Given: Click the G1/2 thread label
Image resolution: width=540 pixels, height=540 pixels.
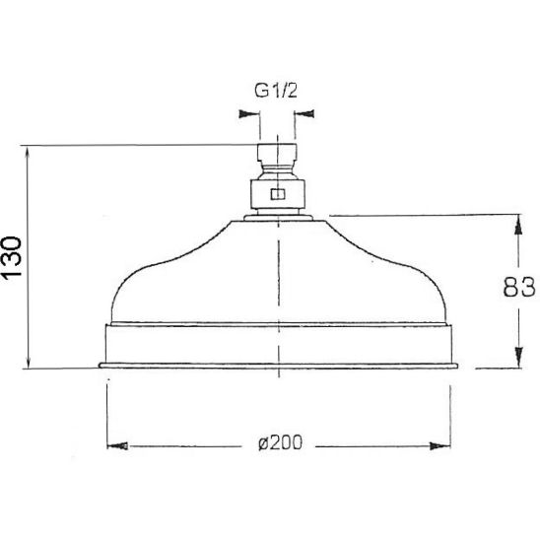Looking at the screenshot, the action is point(276,91).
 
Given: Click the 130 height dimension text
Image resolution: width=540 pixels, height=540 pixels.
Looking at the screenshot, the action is point(12,257).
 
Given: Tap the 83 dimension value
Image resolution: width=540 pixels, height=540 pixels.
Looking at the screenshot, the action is point(519,287).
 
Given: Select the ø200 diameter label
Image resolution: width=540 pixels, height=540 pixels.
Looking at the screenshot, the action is point(280,442).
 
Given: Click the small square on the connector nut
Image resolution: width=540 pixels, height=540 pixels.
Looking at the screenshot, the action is point(278,194).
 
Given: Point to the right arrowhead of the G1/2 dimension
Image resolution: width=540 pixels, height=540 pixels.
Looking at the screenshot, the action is point(304,113).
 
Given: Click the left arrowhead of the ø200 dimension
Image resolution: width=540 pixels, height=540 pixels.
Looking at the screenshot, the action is point(117,446).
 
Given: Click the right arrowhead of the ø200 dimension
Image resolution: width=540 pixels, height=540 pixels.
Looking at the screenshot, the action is point(440,446).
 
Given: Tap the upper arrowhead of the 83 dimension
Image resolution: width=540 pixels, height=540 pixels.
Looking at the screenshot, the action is point(518,226).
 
